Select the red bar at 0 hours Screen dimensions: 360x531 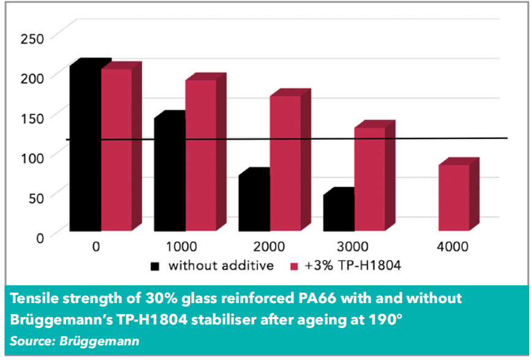116,149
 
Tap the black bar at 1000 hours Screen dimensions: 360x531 170,174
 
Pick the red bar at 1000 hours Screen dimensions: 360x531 201,156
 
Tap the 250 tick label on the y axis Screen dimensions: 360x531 31,39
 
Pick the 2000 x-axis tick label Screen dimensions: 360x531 268,247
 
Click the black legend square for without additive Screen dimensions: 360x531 155,266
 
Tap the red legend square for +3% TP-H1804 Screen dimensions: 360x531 293,266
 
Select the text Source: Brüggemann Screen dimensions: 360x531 75,340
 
